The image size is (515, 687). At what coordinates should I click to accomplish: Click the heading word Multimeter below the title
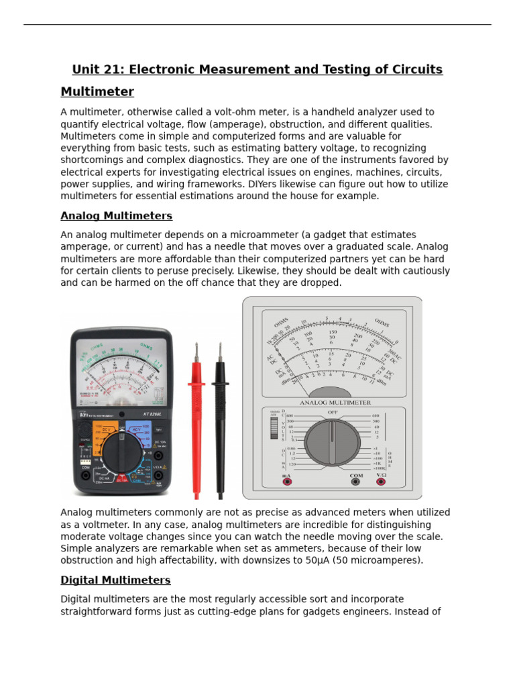click(97, 92)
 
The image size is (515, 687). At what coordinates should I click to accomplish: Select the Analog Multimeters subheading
click(116, 216)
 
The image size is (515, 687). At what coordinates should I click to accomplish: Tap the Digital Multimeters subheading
click(115, 580)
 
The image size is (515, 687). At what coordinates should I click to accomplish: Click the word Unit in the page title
click(84, 70)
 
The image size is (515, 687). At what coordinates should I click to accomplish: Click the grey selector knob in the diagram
click(332, 443)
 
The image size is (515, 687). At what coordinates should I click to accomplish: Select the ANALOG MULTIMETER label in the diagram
click(335, 403)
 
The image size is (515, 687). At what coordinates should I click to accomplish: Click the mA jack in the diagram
click(287, 481)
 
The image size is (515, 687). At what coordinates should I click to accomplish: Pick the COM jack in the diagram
click(356, 481)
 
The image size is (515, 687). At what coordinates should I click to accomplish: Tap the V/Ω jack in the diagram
click(381, 481)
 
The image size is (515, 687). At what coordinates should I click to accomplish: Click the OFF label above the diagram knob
click(332, 412)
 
